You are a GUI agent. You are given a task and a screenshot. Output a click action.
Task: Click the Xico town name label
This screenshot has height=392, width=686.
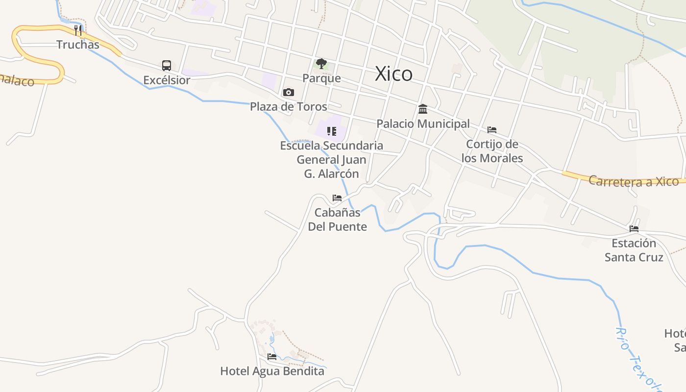(393, 74)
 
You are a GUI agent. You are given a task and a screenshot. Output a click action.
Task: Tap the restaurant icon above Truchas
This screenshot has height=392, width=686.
(78, 30)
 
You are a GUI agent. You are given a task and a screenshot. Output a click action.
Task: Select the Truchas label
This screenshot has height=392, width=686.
(78, 45)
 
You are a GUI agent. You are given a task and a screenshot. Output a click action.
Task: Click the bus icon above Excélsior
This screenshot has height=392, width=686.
(167, 66)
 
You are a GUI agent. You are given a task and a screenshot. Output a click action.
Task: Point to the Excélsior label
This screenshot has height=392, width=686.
(167, 80)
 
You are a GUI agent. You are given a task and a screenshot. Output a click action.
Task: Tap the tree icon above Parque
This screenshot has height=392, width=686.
(321, 64)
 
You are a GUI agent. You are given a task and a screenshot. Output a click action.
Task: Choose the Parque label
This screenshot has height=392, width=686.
(321, 78)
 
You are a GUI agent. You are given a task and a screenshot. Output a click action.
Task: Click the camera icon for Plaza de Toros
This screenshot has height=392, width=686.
(289, 92)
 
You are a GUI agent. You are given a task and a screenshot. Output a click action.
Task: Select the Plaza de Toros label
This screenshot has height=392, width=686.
(289, 106)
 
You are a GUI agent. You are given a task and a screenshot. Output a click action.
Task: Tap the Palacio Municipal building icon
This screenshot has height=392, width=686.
(423, 109)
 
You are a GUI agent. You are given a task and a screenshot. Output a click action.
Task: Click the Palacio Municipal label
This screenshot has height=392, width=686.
(423, 123)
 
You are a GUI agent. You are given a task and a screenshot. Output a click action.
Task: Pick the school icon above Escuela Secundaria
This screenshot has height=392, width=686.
(332, 131)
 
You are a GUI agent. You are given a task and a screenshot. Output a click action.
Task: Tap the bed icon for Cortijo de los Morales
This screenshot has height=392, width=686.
(492, 130)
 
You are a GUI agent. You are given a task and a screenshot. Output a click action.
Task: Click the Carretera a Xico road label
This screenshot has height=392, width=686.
(634, 181)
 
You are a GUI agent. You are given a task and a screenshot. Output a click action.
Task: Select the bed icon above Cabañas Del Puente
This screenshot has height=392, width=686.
(337, 198)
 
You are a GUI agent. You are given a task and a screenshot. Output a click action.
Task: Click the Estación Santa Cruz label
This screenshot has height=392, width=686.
(634, 250)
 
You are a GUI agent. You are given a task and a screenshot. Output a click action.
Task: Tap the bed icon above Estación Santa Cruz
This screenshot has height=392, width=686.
(634, 229)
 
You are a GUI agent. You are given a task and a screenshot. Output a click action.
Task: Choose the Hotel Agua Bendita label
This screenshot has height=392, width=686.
(272, 371)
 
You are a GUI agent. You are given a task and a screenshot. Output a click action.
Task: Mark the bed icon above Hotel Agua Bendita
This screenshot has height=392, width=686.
(272, 357)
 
